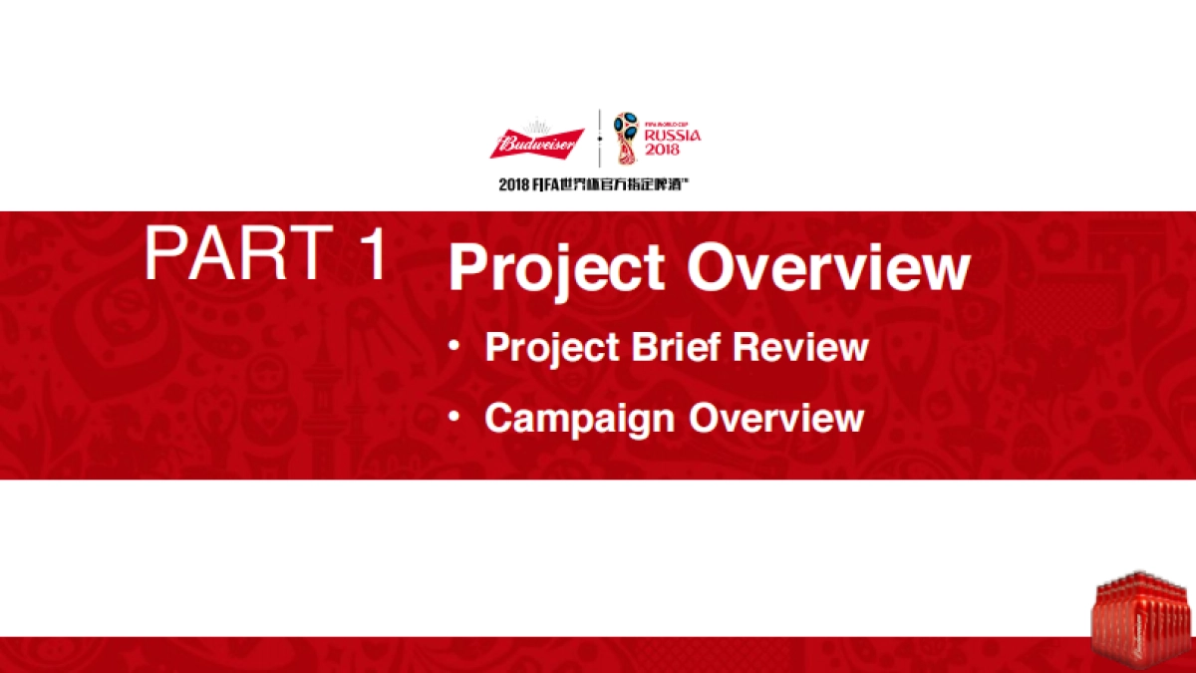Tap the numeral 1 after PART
373,252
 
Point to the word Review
800,347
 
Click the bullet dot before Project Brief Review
453,346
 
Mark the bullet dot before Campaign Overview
453,416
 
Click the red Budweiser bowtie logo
537,144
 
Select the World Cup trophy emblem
626,139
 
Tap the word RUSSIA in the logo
673,136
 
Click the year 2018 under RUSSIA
662,149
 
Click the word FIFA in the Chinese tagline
544,185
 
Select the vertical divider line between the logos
599,139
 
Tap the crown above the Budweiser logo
536,127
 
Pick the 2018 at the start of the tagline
513,185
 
